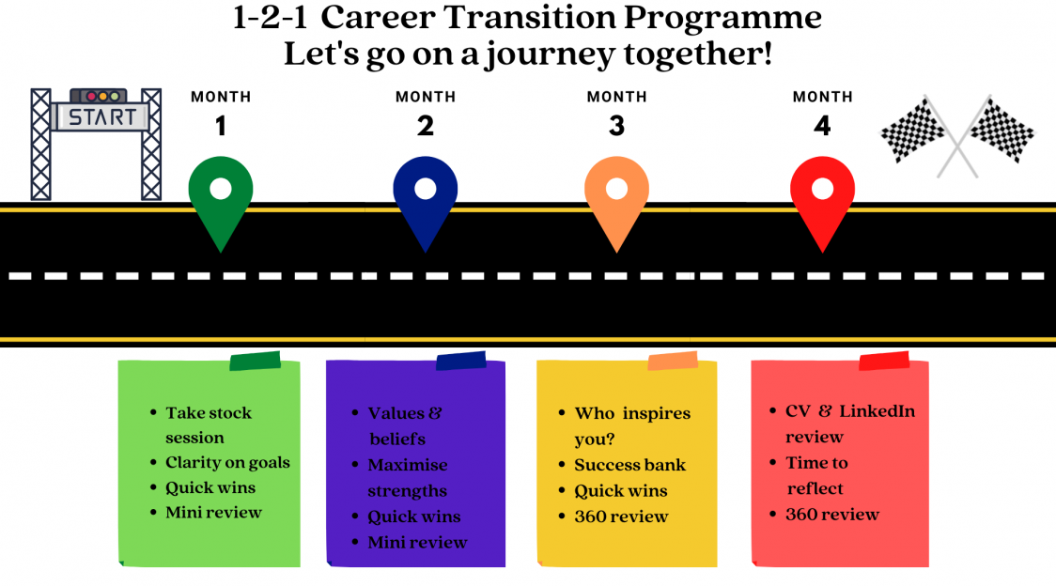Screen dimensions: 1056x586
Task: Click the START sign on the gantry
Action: pos(101,117)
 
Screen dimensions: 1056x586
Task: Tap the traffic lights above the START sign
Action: pos(100,96)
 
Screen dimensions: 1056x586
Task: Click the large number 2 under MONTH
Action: pos(425,126)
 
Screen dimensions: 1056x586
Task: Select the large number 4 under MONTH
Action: pos(822,126)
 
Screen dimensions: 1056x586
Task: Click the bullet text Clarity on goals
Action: pos(227,463)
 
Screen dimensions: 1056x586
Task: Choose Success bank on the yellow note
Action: pos(629,465)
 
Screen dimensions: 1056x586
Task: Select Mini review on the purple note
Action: pos(417,542)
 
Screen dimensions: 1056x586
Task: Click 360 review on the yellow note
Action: pos(621,517)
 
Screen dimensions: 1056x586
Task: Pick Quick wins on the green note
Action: pos(210,487)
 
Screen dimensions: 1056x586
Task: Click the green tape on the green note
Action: pos(256,361)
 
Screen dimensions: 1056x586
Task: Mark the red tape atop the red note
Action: pos(884,361)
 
